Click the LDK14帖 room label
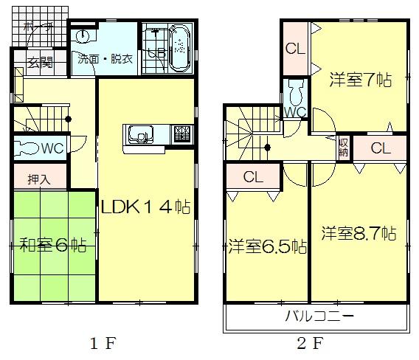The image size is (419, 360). pyautogui.click(x=146, y=207)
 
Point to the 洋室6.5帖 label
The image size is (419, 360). pyautogui.click(x=267, y=246)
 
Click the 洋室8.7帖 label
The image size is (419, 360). pyautogui.click(x=359, y=235)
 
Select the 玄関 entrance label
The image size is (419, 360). pyautogui.click(x=41, y=63)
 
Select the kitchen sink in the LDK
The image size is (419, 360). pyautogui.click(x=139, y=135)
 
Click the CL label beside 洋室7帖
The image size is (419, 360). pyautogui.click(x=296, y=50)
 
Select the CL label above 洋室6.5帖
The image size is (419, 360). pyautogui.click(x=253, y=176)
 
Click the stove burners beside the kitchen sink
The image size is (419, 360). pyautogui.click(x=181, y=134)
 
